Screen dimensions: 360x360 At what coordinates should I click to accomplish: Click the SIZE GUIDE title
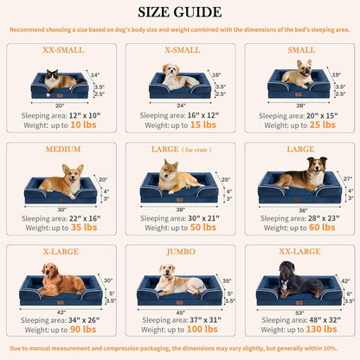(x=179, y=12)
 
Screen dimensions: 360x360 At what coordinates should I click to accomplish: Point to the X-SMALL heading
(x=179, y=50)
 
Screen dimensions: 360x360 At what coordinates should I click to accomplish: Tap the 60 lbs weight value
(x=322, y=227)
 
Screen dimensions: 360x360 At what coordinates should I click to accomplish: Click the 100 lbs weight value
(x=204, y=329)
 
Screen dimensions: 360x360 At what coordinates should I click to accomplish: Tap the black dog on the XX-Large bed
(x=299, y=281)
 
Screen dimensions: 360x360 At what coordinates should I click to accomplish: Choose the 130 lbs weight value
(x=324, y=329)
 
